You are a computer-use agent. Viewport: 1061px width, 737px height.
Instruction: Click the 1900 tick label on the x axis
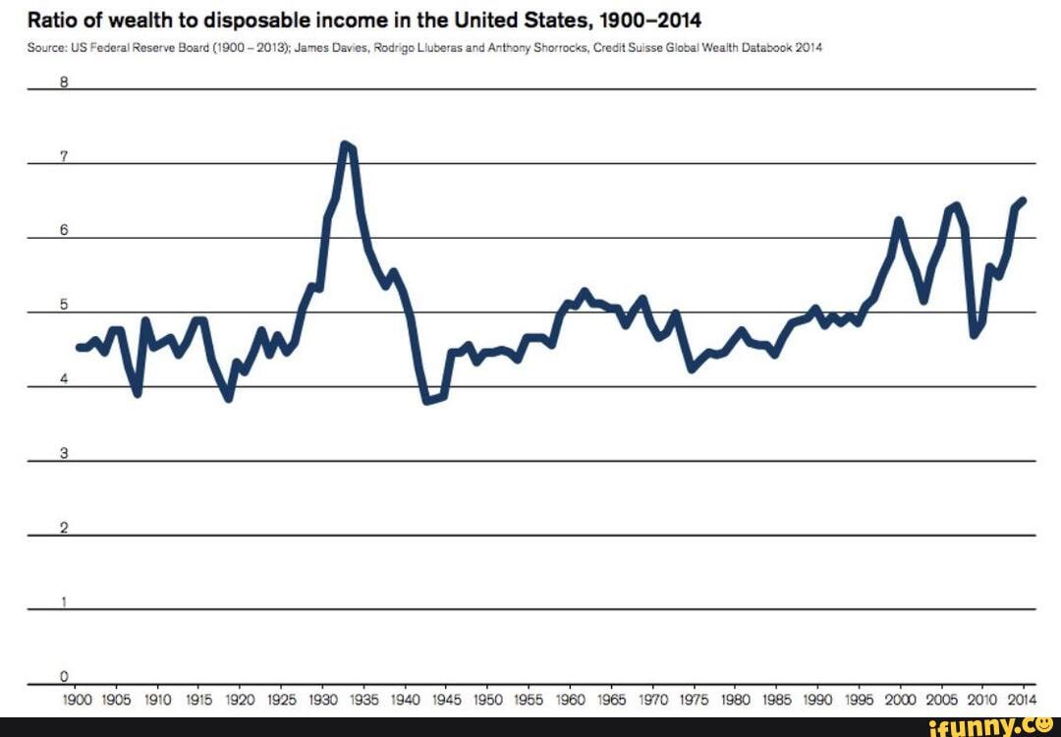coord(76,700)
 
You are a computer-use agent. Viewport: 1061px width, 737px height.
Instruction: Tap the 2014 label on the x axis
coord(1022,700)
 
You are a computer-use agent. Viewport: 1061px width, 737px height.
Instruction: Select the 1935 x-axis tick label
coord(363,700)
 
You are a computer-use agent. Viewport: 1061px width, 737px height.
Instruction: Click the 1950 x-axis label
coord(487,700)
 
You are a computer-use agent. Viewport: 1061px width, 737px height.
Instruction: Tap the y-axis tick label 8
coord(63,83)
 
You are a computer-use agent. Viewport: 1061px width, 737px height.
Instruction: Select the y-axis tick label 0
coord(63,676)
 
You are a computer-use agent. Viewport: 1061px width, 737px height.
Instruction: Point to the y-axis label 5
coord(63,305)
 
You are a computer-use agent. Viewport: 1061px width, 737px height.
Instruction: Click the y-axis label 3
coord(63,454)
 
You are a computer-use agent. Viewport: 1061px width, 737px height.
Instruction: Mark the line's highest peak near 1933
coord(345,144)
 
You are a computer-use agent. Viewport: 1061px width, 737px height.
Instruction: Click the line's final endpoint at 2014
coord(1023,200)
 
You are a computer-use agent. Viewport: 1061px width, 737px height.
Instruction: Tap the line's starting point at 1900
coord(78,347)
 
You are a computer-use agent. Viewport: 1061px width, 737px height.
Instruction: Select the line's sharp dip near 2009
coord(974,335)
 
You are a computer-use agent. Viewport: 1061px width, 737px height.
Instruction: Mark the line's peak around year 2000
coord(897,220)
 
